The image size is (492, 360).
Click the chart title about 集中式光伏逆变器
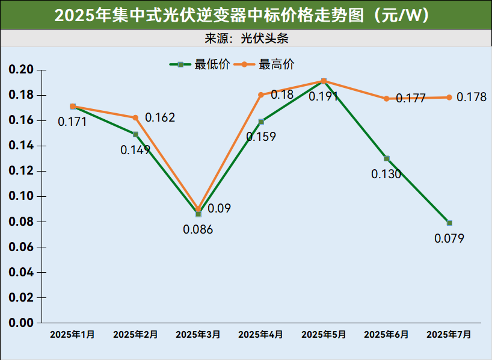tap(245, 15)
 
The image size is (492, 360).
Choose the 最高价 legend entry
tap(265, 64)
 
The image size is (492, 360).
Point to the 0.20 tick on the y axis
tap(21, 70)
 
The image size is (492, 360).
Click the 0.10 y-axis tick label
tap(21, 196)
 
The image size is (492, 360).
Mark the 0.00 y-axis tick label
tap(21, 323)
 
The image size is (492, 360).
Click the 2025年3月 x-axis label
tap(198, 335)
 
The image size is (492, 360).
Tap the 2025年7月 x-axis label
tap(449, 335)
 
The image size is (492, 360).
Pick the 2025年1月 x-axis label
tap(72, 335)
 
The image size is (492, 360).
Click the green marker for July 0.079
tap(449, 223)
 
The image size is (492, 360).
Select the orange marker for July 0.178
tap(449, 98)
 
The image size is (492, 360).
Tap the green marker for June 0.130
tap(387, 158)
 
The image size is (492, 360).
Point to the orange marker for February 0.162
tap(135, 117)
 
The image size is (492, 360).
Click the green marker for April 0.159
tap(261, 122)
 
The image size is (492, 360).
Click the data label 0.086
tap(198, 229)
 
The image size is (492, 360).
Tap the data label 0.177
tap(411, 98)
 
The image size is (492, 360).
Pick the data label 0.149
tap(135, 150)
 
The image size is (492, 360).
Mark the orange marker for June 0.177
tap(387, 99)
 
